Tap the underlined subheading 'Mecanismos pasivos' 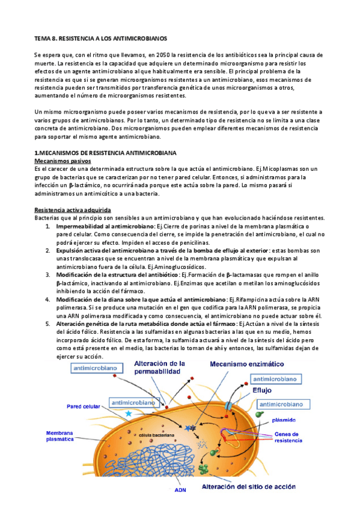click(x=63, y=162)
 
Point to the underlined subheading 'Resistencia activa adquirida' click(x=73, y=209)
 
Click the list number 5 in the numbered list click(x=49, y=324)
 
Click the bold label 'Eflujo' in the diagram click(x=262, y=389)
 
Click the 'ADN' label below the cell click(x=180, y=490)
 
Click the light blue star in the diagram click(x=128, y=414)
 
